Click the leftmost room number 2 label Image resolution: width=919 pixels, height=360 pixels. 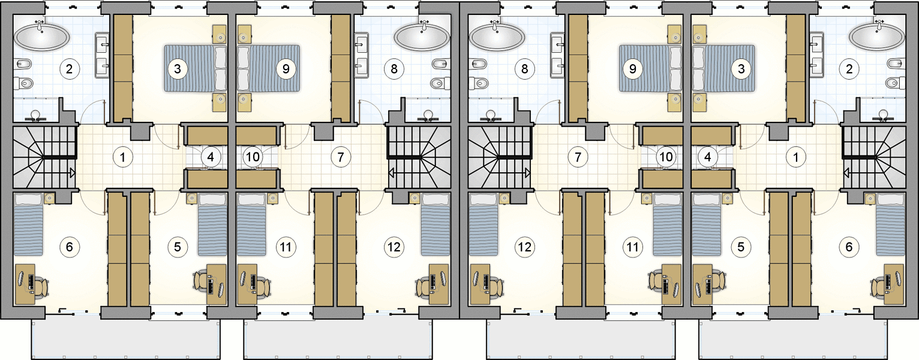(69, 68)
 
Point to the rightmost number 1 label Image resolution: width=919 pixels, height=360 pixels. (795, 157)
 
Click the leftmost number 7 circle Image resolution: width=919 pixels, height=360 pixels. (340, 157)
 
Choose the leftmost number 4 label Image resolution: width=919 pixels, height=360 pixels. (211, 157)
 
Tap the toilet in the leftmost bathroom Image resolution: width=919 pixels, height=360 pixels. (24, 84)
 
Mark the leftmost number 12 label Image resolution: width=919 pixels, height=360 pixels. (394, 247)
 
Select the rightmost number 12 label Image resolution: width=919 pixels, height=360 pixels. (524, 247)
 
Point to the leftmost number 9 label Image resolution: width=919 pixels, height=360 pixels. (286, 68)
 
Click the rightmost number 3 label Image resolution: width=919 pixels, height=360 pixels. (741, 68)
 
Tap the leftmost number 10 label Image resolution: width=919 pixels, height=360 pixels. (253, 157)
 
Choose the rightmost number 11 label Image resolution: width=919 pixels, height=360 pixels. (633, 247)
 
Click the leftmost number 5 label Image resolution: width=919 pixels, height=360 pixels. (177, 247)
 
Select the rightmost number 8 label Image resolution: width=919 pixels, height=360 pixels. (524, 68)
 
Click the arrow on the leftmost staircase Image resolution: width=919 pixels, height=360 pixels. (72, 173)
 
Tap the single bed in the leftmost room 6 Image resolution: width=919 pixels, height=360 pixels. (29, 224)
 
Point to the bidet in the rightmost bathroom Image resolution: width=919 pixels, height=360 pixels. (896, 64)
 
